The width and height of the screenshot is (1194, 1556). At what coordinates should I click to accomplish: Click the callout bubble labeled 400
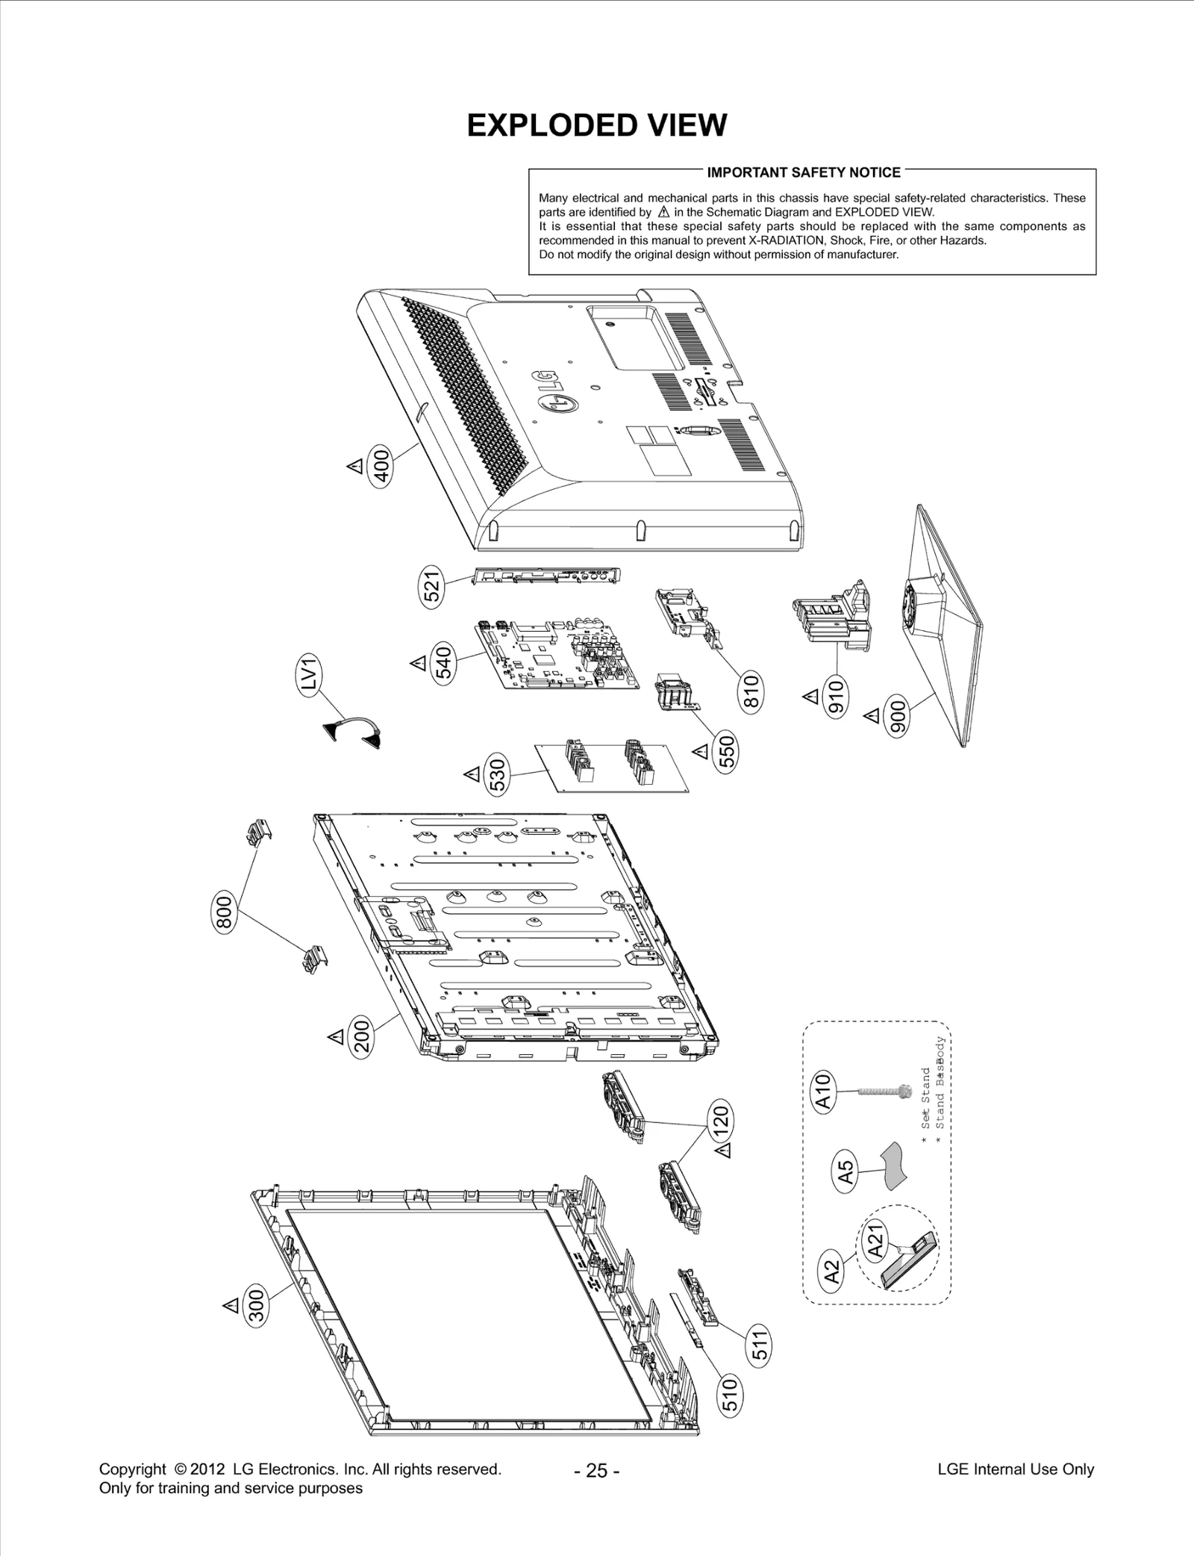tap(381, 467)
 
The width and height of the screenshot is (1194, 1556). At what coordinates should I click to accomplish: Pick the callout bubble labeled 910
tap(836, 696)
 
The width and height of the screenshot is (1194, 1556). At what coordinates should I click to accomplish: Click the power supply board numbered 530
tap(610, 768)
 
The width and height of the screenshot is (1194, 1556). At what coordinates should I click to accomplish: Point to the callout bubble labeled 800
tap(225, 912)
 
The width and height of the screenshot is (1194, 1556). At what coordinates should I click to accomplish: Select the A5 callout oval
tap(846, 1169)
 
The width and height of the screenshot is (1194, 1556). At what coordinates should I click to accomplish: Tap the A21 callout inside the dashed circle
tap(876, 1241)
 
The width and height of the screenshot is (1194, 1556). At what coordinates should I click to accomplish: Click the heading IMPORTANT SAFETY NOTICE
tap(804, 172)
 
